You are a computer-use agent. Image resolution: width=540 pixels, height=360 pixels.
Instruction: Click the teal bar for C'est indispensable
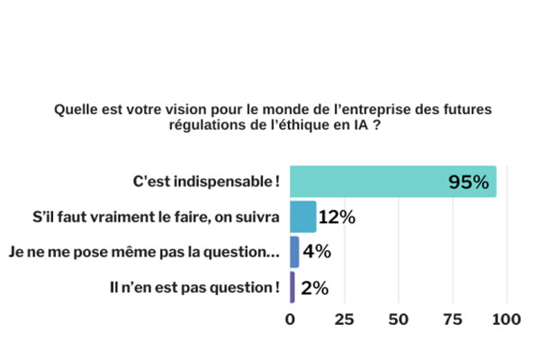pyautogui.click(x=392, y=182)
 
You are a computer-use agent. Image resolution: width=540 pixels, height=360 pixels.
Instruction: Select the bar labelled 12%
pyautogui.click(x=303, y=217)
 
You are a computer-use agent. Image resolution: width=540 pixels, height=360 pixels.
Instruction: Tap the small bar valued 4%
pyautogui.click(x=294, y=252)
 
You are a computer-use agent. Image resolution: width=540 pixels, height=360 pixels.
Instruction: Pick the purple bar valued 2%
pyautogui.click(x=292, y=287)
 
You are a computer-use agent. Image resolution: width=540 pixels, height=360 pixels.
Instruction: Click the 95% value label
pyautogui.click(x=469, y=183)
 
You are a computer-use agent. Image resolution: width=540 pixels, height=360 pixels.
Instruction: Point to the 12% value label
pyautogui.click(x=337, y=217)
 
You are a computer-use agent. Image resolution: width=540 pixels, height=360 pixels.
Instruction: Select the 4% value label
pyautogui.click(x=317, y=252)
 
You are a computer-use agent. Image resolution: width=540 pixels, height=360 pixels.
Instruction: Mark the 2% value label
pyautogui.click(x=315, y=288)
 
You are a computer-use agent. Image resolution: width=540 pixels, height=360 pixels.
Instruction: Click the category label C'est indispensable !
pyautogui.click(x=206, y=182)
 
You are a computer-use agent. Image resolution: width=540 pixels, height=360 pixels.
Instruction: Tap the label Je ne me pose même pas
pyautogui.click(x=142, y=253)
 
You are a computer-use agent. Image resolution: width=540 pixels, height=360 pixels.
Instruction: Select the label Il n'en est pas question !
pyautogui.click(x=191, y=288)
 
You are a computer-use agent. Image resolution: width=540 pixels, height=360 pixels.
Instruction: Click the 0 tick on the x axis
pyautogui.click(x=290, y=319)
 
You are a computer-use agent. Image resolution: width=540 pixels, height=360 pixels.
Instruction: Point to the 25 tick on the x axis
pyautogui.click(x=343, y=319)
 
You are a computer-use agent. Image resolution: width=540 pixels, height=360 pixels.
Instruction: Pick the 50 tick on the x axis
pyautogui.click(x=398, y=319)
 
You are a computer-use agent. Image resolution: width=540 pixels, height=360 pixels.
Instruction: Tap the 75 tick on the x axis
pyautogui.click(x=452, y=319)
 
